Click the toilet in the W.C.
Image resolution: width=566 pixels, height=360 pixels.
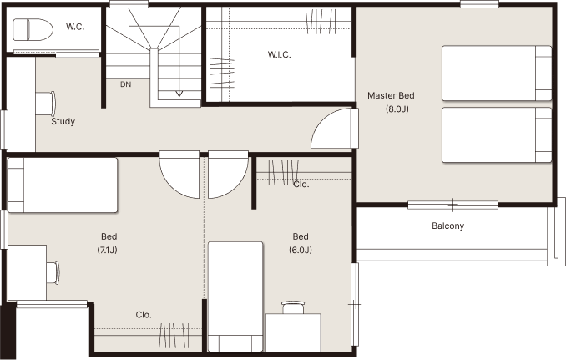(x=33, y=29)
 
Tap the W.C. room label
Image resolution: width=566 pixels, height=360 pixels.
(x=75, y=27)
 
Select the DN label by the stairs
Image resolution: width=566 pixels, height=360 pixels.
(x=125, y=84)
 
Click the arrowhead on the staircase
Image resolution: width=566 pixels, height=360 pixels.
(x=179, y=94)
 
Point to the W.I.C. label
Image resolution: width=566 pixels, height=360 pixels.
(x=279, y=55)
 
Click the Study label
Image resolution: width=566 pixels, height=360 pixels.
(x=63, y=121)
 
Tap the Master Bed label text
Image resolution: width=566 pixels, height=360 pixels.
(x=391, y=96)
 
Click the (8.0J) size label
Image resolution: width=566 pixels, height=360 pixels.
(x=397, y=109)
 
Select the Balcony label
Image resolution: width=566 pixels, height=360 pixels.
(x=448, y=226)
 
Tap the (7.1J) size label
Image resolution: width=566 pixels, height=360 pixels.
(x=107, y=250)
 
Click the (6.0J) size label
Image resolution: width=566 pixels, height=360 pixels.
(x=301, y=250)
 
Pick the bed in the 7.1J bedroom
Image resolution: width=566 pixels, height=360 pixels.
(x=63, y=185)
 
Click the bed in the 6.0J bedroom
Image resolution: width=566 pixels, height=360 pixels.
(x=235, y=297)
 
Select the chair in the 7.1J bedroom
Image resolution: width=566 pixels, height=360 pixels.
(x=53, y=272)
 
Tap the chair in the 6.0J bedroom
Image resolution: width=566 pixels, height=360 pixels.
(x=293, y=307)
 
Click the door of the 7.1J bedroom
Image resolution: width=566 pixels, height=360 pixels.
(x=179, y=175)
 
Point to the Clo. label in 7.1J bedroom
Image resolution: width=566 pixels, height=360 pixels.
(x=144, y=315)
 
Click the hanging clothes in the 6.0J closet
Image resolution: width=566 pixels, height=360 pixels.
(x=284, y=172)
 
